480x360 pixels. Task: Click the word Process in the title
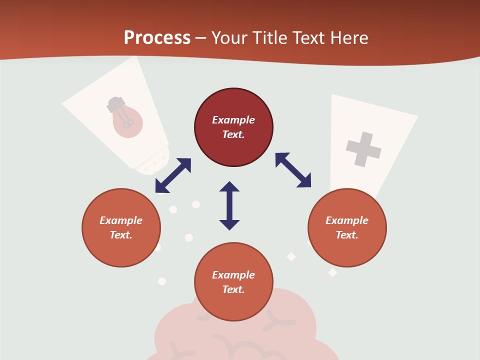point(157,38)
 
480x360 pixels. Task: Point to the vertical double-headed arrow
point(229,205)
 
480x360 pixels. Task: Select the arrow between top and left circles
point(173,175)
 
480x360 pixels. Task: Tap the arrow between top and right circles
point(293,170)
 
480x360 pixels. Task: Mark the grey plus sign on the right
point(363,149)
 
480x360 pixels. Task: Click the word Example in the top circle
point(233,120)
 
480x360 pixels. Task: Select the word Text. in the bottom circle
point(233,289)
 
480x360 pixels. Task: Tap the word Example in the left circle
point(121,220)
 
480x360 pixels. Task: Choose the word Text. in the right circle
point(347,235)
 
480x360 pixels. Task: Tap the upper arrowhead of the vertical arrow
point(229,187)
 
